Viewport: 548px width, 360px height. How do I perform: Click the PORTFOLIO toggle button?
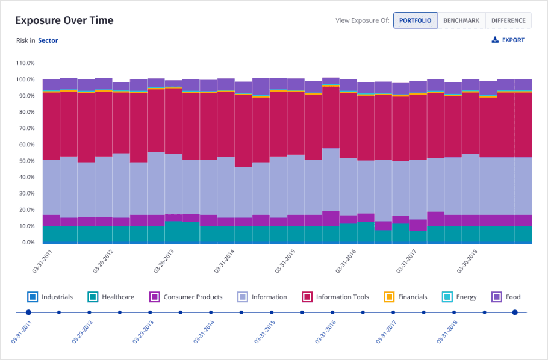[x=415, y=20]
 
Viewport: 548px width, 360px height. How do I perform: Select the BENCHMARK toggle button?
[x=461, y=20]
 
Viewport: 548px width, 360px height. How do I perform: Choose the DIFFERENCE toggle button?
[x=508, y=20]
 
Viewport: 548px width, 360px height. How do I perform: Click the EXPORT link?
[x=508, y=40]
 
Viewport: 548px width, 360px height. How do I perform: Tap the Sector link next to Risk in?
[x=48, y=40]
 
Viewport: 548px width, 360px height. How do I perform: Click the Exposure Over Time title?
[x=64, y=20]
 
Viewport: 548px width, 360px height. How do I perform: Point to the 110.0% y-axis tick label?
[x=26, y=63]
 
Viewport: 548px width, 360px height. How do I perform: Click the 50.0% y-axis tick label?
[x=27, y=161]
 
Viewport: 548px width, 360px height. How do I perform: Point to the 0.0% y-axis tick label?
[x=29, y=243]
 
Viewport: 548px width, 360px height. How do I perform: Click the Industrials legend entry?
[x=51, y=297]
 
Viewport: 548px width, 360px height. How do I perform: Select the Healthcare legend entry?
[x=112, y=297]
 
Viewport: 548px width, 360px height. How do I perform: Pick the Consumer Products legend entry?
[x=186, y=297]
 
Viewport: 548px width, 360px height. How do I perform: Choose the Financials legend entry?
[x=405, y=297]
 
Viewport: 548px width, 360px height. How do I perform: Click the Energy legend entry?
[x=459, y=297]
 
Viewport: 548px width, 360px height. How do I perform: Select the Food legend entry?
[x=506, y=297]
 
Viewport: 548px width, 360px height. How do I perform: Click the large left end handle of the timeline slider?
[x=28, y=312]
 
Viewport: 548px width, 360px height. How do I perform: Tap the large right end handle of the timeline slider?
[x=515, y=312]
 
